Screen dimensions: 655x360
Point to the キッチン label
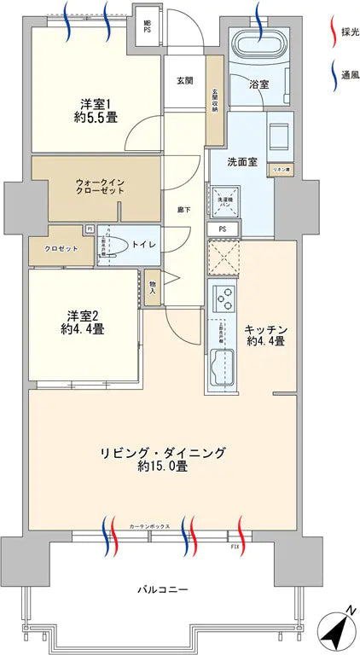264,335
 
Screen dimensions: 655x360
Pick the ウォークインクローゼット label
100,186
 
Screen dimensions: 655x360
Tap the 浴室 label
259,85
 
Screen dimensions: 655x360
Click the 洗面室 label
241,161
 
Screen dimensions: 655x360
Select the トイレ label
145,245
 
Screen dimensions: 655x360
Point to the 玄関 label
185,81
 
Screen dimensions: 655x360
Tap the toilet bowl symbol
117,246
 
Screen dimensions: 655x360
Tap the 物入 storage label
152,287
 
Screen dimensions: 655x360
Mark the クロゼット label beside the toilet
55,248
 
